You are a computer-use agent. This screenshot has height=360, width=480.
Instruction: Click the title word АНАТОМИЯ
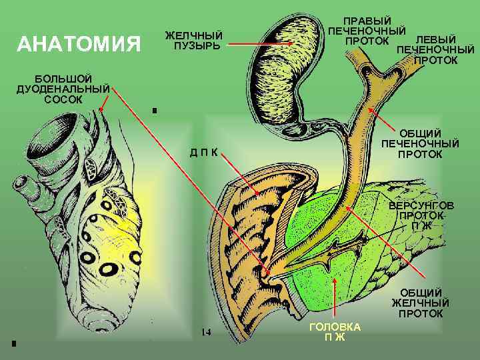tap(79, 45)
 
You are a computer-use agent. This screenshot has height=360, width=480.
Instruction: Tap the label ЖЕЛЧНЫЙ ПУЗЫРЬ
tap(193, 40)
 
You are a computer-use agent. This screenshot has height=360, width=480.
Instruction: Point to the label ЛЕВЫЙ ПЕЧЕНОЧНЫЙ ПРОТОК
tap(436, 50)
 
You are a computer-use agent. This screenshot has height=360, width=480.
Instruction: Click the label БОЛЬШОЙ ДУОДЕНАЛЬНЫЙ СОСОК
tap(63, 89)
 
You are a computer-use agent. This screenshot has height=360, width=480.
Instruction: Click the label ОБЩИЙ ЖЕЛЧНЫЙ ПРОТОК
tap(421, 303)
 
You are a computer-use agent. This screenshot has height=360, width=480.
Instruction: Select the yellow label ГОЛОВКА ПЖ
tap(335, 331)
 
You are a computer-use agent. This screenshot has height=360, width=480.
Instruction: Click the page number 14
tap(206, 331)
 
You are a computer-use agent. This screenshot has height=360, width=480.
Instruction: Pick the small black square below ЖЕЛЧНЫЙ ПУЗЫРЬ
tap(154, 110)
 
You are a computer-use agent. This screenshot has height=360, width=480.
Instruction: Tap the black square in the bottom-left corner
tap(13, 343)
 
